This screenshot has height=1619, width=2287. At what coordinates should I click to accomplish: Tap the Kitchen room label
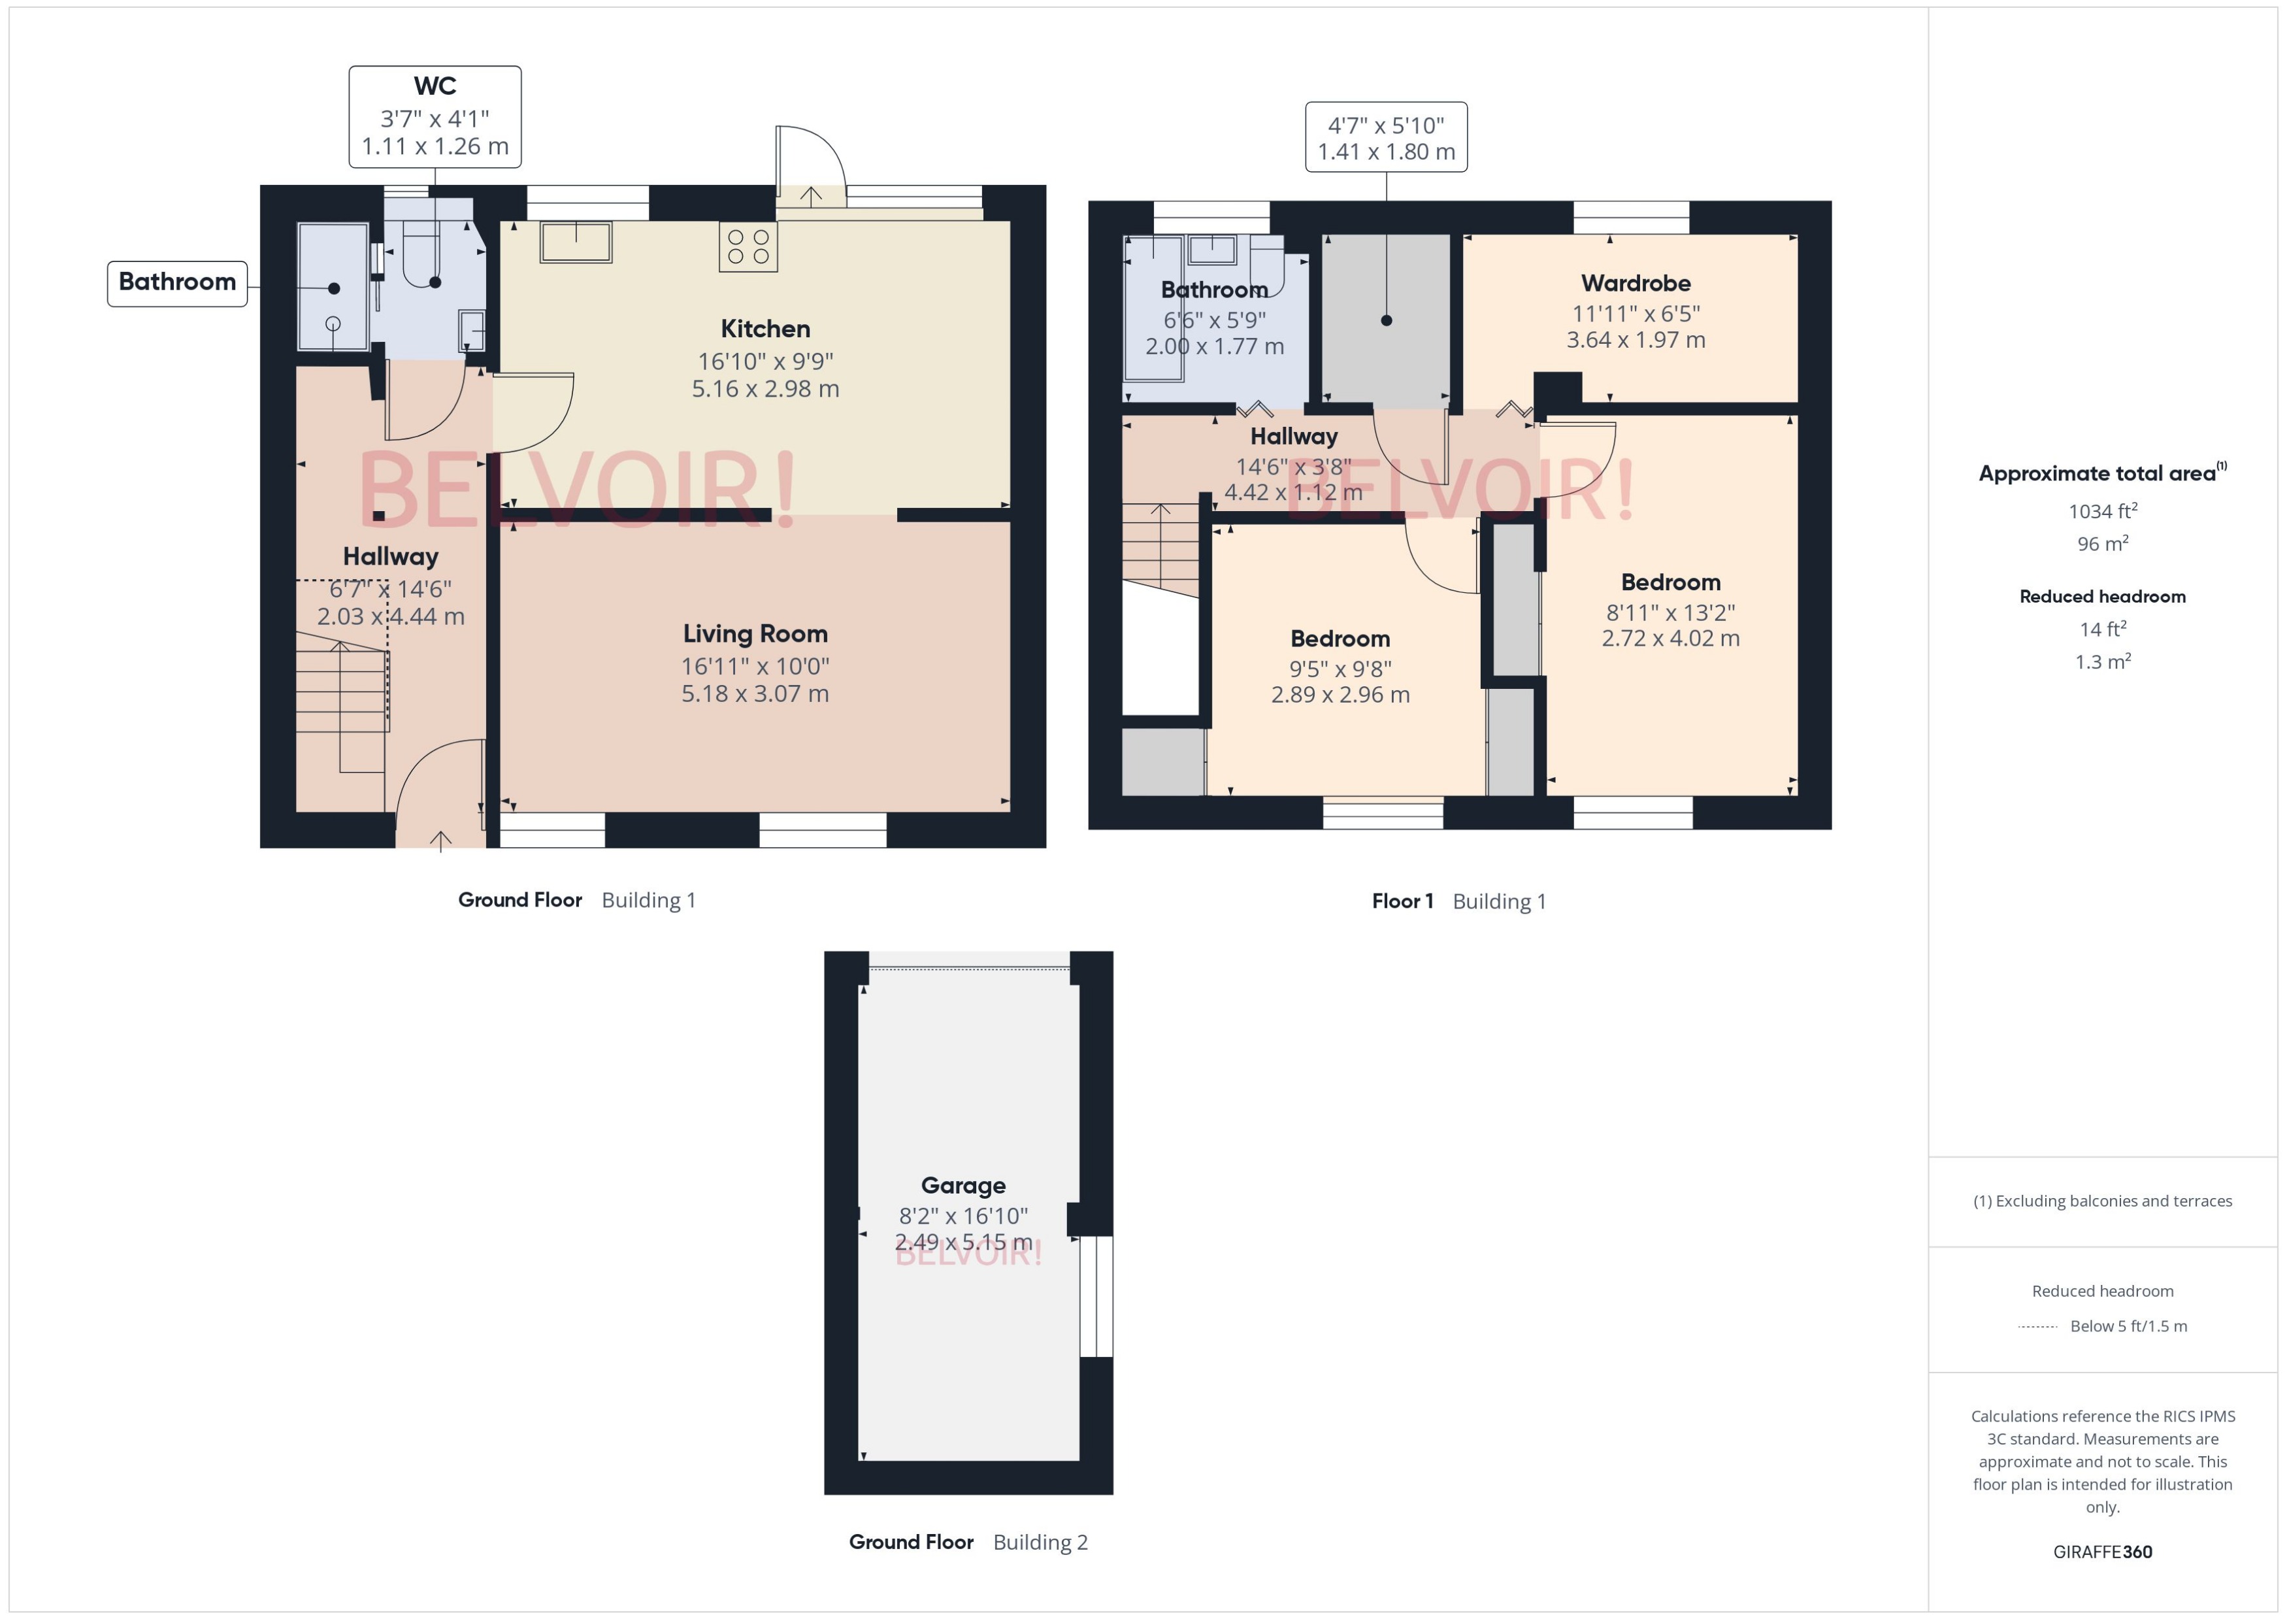[765, 329]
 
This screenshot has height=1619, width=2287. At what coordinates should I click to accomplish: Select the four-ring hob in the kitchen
[748, 247]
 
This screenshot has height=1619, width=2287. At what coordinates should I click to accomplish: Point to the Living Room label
[755, 634]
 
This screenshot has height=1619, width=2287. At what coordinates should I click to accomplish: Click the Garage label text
[963, 1186]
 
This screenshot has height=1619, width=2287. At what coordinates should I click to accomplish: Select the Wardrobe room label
[1636, 283]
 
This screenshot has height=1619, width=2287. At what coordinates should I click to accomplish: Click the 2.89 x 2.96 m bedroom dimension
[1340, 695]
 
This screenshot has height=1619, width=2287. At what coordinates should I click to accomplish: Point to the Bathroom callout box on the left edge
[177, 282]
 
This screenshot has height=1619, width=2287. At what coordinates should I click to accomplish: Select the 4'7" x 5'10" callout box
[1385, 137]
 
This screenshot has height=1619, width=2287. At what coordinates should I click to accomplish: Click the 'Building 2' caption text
[1040, 1543]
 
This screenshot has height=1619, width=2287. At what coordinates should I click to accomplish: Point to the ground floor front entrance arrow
[440, 841]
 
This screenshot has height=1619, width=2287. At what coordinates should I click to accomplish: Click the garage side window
[1095, 1296]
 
